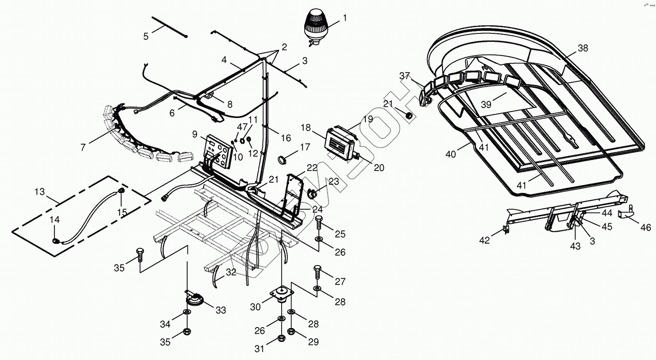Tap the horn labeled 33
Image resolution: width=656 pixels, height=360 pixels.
click(x=195, y=299)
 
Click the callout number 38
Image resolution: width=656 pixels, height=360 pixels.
click(x=583, y=48)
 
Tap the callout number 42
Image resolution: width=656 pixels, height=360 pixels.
click(x=484, y=240)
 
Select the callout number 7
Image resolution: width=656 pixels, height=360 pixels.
click(x=83, y=147)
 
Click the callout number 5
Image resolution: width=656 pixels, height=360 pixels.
click(x=146, y=36)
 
